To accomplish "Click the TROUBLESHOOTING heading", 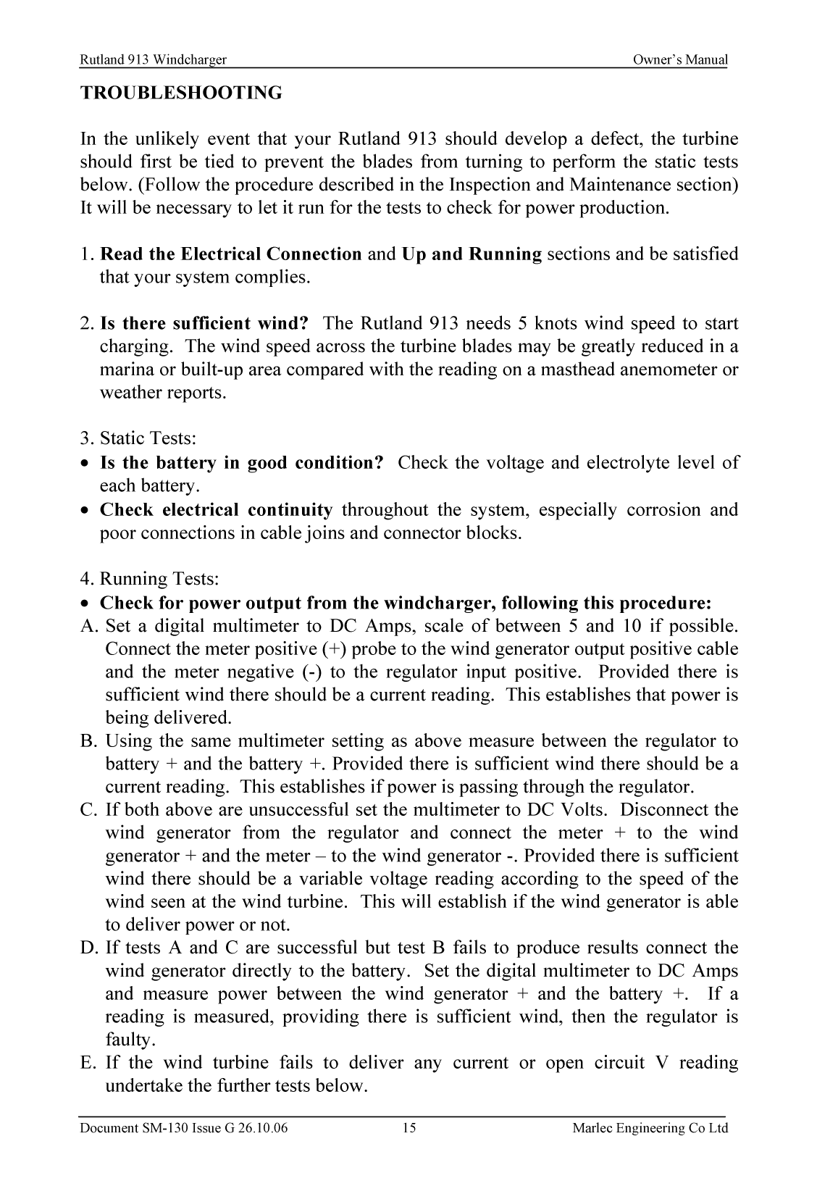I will click(180, 93).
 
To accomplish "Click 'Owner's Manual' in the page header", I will click(679, 60).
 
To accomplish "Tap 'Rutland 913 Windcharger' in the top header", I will click(153, 60).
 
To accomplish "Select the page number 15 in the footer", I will click(408, 1128).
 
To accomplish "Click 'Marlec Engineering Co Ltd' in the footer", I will click(650, 1128).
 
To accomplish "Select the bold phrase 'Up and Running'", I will click(471, 254).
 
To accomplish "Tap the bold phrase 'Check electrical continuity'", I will click(216, 510).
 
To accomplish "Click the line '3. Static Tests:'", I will click(138, 439).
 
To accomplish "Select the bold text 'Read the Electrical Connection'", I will click(230, 254).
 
